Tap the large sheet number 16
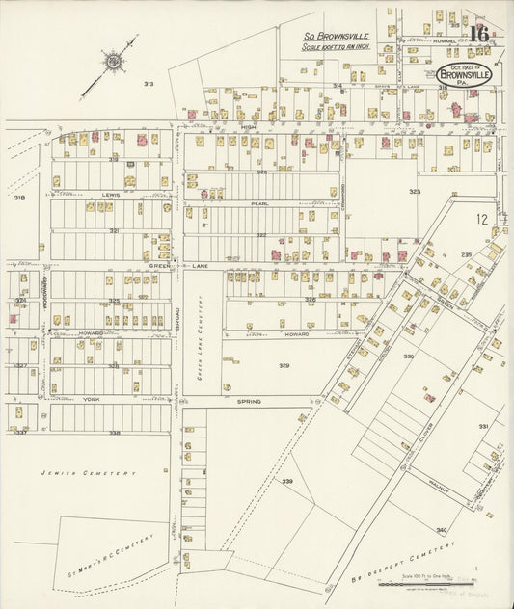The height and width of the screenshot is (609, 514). point(479,33)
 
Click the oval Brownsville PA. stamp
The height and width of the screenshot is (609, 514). point(464,72)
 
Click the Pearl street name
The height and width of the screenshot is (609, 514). point(260,204)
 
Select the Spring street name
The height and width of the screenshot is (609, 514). point(249,401)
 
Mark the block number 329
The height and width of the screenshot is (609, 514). point(284,366)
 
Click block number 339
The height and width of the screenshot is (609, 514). point(286,481)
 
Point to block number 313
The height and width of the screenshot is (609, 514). point(149,85)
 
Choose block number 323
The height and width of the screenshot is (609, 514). point(415,192)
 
